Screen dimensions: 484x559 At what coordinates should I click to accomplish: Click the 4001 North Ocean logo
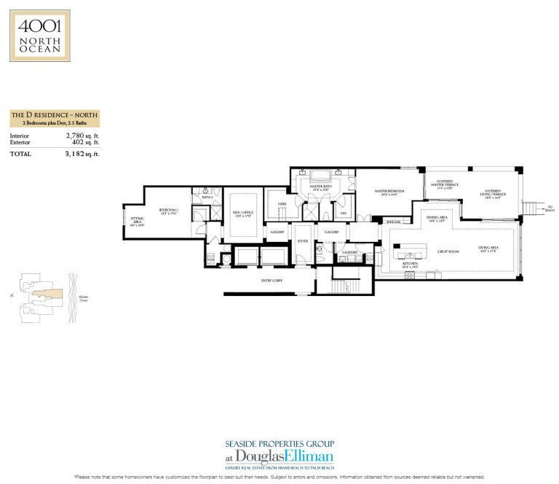pos(40,35)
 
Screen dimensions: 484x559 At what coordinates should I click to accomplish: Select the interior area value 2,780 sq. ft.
pos(76,136)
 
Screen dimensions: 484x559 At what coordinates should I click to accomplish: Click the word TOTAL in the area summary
pos(21,154)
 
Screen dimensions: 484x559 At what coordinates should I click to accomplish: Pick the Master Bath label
pos(320,187)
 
